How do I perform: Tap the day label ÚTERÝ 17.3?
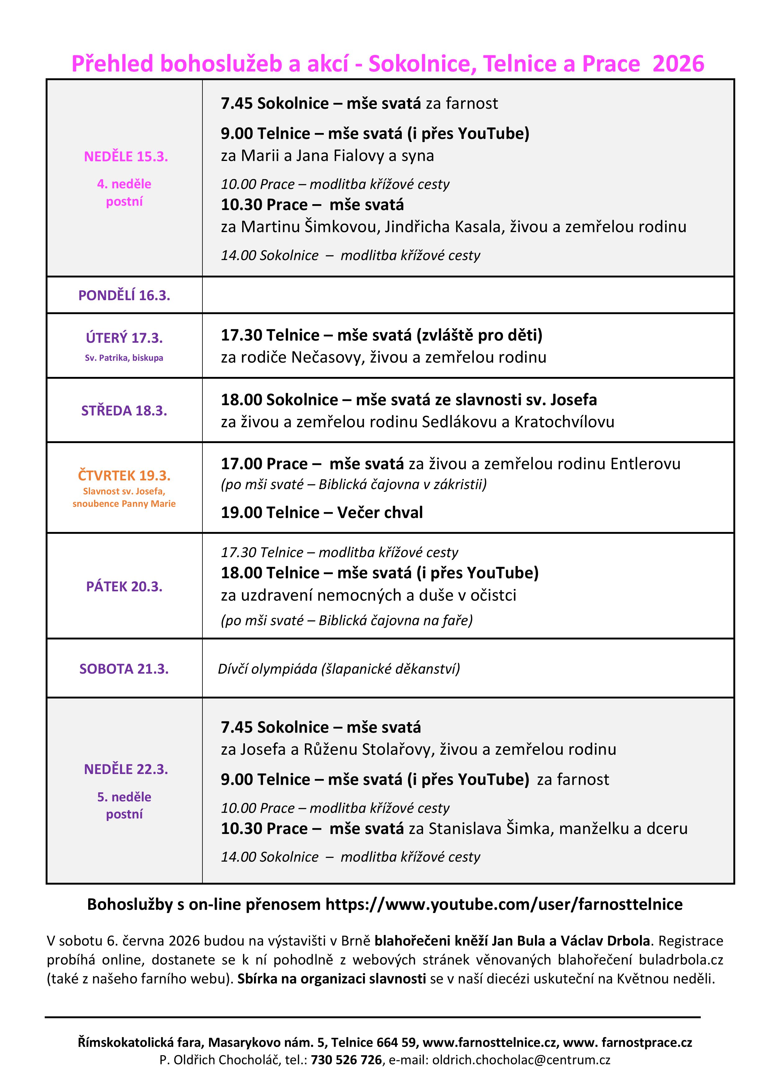(x=124, y=338)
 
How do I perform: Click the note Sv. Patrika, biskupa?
(x=124, y=358)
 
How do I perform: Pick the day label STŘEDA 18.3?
(x=124, y=411)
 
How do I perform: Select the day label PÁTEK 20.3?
(x=124, y=587)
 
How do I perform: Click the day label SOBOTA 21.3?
(x=124, y=669)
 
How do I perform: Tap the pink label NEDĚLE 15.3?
(x=126, y=157)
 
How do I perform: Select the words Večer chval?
(x=379, y=513)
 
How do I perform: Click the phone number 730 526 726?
(x=346, y=1060)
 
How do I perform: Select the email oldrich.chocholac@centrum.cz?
(x=521, y=1060)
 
